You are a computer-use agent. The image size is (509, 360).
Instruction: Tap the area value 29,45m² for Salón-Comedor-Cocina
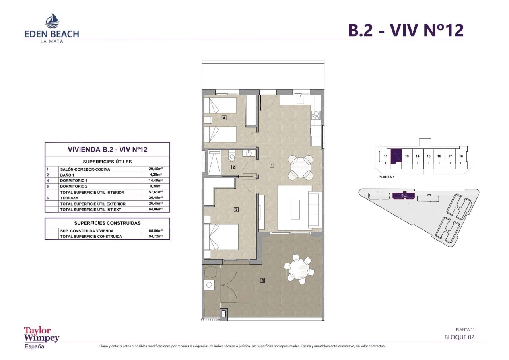pyautogui.click(x=155, y=169)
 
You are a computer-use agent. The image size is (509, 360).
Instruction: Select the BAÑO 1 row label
pyautogui.click(x=67, y=175)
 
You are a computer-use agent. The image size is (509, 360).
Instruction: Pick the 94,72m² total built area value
pyautogui.click(x=155, y=236)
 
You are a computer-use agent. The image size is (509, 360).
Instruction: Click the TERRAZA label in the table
pyautogui.click(x=69, y=198)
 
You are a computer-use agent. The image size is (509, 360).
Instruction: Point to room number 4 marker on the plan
pyautogui.click(x=224, y=118)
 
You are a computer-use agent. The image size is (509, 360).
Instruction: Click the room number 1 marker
pyautogui.click(x=272, y=165)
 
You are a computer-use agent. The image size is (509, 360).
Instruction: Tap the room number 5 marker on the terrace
pyautogui.click(x=263, y=281)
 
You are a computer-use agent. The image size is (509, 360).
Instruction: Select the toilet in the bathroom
pyautogui.click(x=231, y=156)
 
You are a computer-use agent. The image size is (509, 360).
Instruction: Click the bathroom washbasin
pyautogui.click(x=249, y=153)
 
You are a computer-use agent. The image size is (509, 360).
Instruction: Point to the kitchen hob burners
pyautogui.click(x=316, y=115)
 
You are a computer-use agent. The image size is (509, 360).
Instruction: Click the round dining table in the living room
pyautogui.click(x=299, y=168)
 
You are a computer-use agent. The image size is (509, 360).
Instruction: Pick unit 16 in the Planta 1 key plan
pyautogui.click(x=439, y=156)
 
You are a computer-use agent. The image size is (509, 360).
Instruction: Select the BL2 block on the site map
pyautogui.click(x=404, y=195)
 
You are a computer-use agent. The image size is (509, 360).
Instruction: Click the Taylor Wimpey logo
pyautogui.click(x=42, y=337)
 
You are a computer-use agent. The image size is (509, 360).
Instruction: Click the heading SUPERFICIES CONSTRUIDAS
pyautogui.click(x=107, y=223)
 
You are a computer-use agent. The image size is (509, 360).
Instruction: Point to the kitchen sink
pyautogui.click(x=300, y=99)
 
